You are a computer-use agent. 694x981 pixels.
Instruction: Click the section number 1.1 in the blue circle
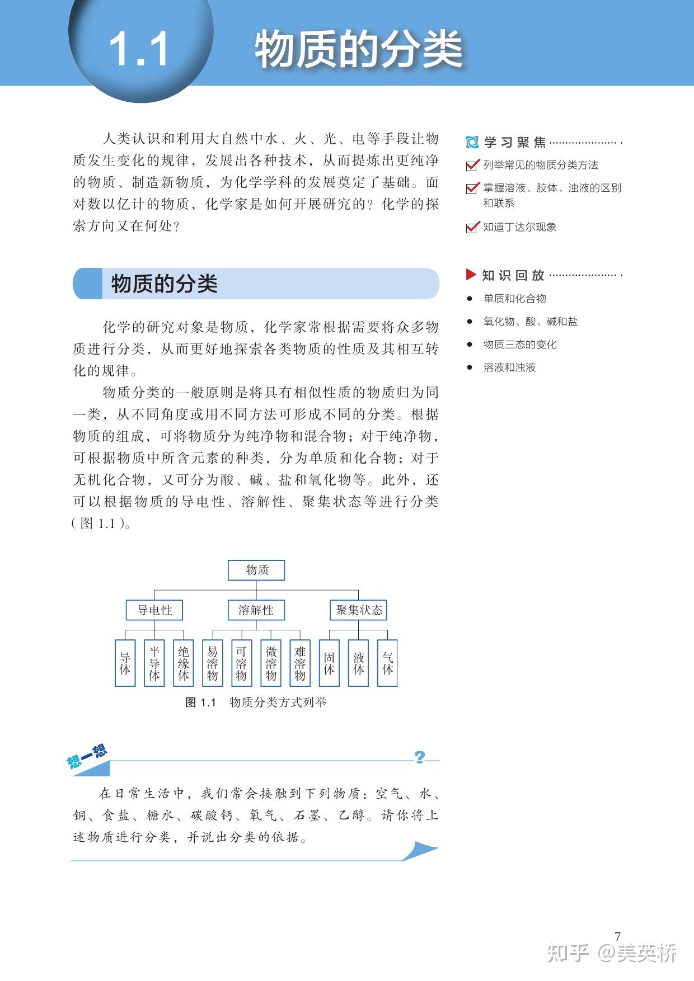(139, 49)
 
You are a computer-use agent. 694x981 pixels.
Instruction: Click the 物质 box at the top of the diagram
(256, 570)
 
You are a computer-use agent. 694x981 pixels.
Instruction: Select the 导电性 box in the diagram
(154, 610)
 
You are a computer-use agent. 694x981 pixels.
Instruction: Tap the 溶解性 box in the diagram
(256, 610)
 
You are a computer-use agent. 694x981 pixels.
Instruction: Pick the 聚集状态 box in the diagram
(358, 610)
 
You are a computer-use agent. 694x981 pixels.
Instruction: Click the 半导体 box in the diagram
(154, 663)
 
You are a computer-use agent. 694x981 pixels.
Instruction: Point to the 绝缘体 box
(184, 663)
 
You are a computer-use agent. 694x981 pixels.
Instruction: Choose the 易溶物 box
(213, 663)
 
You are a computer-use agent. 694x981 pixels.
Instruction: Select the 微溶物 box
(271, 663)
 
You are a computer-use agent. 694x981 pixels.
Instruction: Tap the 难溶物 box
(300, 663)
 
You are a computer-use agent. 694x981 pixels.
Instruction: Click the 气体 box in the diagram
(387, 663)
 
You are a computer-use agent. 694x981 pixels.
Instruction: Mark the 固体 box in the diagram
(329, 663)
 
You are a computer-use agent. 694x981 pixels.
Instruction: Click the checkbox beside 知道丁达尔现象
(472, 227)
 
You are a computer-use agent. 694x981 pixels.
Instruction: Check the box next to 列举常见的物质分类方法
(472, 165)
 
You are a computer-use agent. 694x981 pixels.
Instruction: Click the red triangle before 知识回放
(471, 275)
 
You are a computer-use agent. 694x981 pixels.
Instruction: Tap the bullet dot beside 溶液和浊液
(470, 367)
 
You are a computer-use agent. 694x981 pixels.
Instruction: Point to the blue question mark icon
(420, 757)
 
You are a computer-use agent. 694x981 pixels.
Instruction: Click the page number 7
(617, 936)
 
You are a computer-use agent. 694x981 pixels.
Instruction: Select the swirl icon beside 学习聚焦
(472, 142)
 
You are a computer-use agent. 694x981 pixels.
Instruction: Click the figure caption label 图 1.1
(200, 702)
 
